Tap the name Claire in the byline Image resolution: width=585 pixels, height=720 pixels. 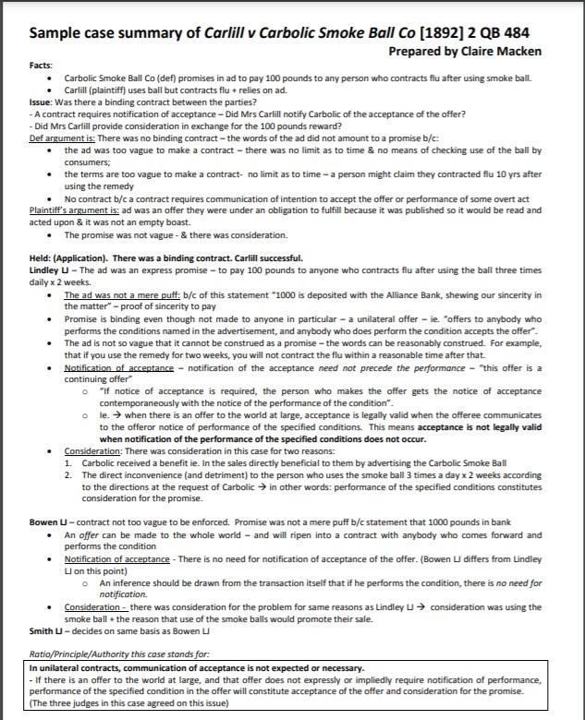pyautogui.click(x=471, y=52)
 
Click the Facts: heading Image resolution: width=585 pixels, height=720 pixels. pyautogui.click(x=42, y=66)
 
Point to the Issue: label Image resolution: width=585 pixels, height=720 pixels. pyautogui.click(x=43, y=102)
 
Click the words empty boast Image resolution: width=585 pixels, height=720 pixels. pyautogui.click(x=169, y=222)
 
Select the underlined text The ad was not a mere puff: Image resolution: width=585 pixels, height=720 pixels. pyautogui.click(x=114, y=294)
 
